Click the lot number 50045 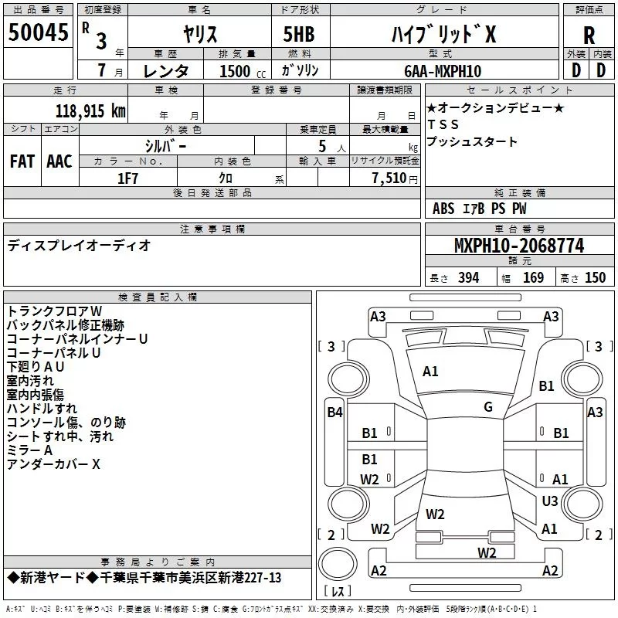tap(37, 32)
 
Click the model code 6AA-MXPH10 tap(443, 71)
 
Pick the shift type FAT tap(22, 161)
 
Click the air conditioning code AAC tap(59, 161)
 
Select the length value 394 tap(468, 278)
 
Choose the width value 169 tap(534, 278)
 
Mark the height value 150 tap(596, 278)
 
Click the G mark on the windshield tap(488, 407)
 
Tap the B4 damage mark tap(334, 413)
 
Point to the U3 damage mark tap(550, 501)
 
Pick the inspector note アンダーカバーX tap(53, 463)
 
